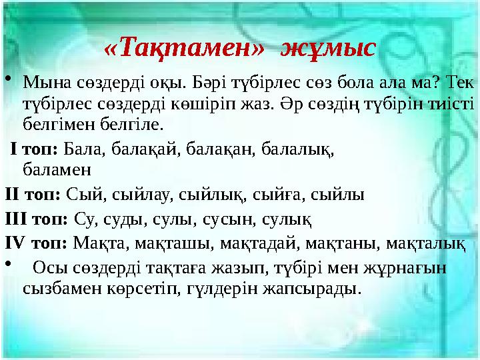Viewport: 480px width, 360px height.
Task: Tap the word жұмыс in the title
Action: click(329, 48)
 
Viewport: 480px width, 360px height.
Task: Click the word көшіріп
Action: click(191, 104)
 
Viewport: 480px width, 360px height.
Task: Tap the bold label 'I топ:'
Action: click(36, 148)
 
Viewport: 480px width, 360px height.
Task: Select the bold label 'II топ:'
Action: click(33, 195)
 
